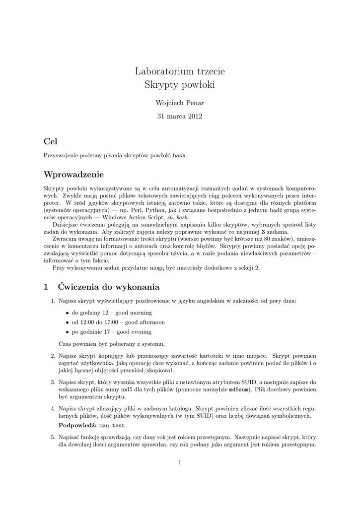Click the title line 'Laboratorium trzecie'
(x=180, y=71)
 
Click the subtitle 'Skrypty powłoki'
(x=180, y=85)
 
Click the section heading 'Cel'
(x=51, y=141)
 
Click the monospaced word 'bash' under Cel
(x=179, y=155)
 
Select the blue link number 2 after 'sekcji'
(x=257, y=268)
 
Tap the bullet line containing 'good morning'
(x=112, y=313)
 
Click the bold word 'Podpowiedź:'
(x=77, y=426)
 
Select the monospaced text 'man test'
(x=112, y=426)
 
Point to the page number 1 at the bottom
(x=180, y=463)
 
